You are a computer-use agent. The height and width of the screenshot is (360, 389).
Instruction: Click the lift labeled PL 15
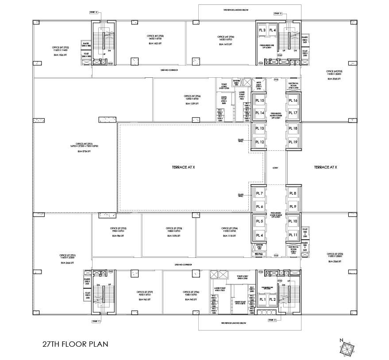(259, 101)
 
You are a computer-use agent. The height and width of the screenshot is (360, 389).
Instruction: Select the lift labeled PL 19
(293, 142)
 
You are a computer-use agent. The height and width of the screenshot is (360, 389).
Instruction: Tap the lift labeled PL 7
(259, 194)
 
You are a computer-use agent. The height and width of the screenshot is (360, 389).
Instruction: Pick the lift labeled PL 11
(293, 234)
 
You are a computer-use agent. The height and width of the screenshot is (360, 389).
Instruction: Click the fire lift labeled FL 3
(262, 30)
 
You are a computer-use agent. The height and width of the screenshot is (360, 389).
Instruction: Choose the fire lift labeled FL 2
(273, 299)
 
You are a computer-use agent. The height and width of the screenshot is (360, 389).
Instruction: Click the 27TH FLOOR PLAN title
(75, 344)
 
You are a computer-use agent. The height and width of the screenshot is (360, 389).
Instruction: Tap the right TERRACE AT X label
(325, 168)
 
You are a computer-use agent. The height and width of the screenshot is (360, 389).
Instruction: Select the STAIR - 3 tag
(278, 15)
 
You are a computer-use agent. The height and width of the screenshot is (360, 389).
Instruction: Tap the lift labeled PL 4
(259, 234)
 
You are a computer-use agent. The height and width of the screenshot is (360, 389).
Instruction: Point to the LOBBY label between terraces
(275, 168)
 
